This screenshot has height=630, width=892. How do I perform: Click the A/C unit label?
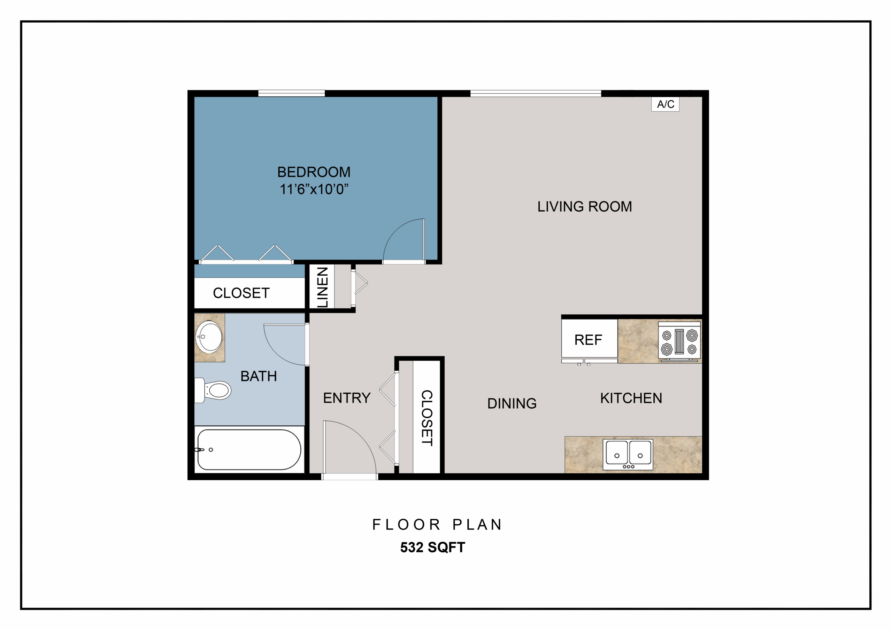[x=665, y=104]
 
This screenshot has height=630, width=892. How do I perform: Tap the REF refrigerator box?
[x=589, y=338]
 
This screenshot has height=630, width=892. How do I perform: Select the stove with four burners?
[x=679, y=341]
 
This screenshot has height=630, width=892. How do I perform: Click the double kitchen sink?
[x=628, y=455]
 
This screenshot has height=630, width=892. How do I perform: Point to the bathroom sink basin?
[x=209, y=337]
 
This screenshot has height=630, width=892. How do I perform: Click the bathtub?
[x=249, y=449]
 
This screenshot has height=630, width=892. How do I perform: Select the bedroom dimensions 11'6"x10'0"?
[x=314, y=189]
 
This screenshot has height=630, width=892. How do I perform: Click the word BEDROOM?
[x=314, y=172]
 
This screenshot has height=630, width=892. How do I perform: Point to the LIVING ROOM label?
[x=585, y=206]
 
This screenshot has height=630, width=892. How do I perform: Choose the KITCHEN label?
[x=631, y=398]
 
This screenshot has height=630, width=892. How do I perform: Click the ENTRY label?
[x=347, y=398]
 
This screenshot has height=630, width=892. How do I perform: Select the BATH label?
[x=259, y=376]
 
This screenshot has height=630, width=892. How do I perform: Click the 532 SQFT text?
[x=432, y=547]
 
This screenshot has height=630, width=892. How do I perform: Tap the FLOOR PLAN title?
[x=437, y=525]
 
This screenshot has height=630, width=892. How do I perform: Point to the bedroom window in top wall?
[x=291, y=93]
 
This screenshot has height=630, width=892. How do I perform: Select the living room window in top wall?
[x=536, y=93]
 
